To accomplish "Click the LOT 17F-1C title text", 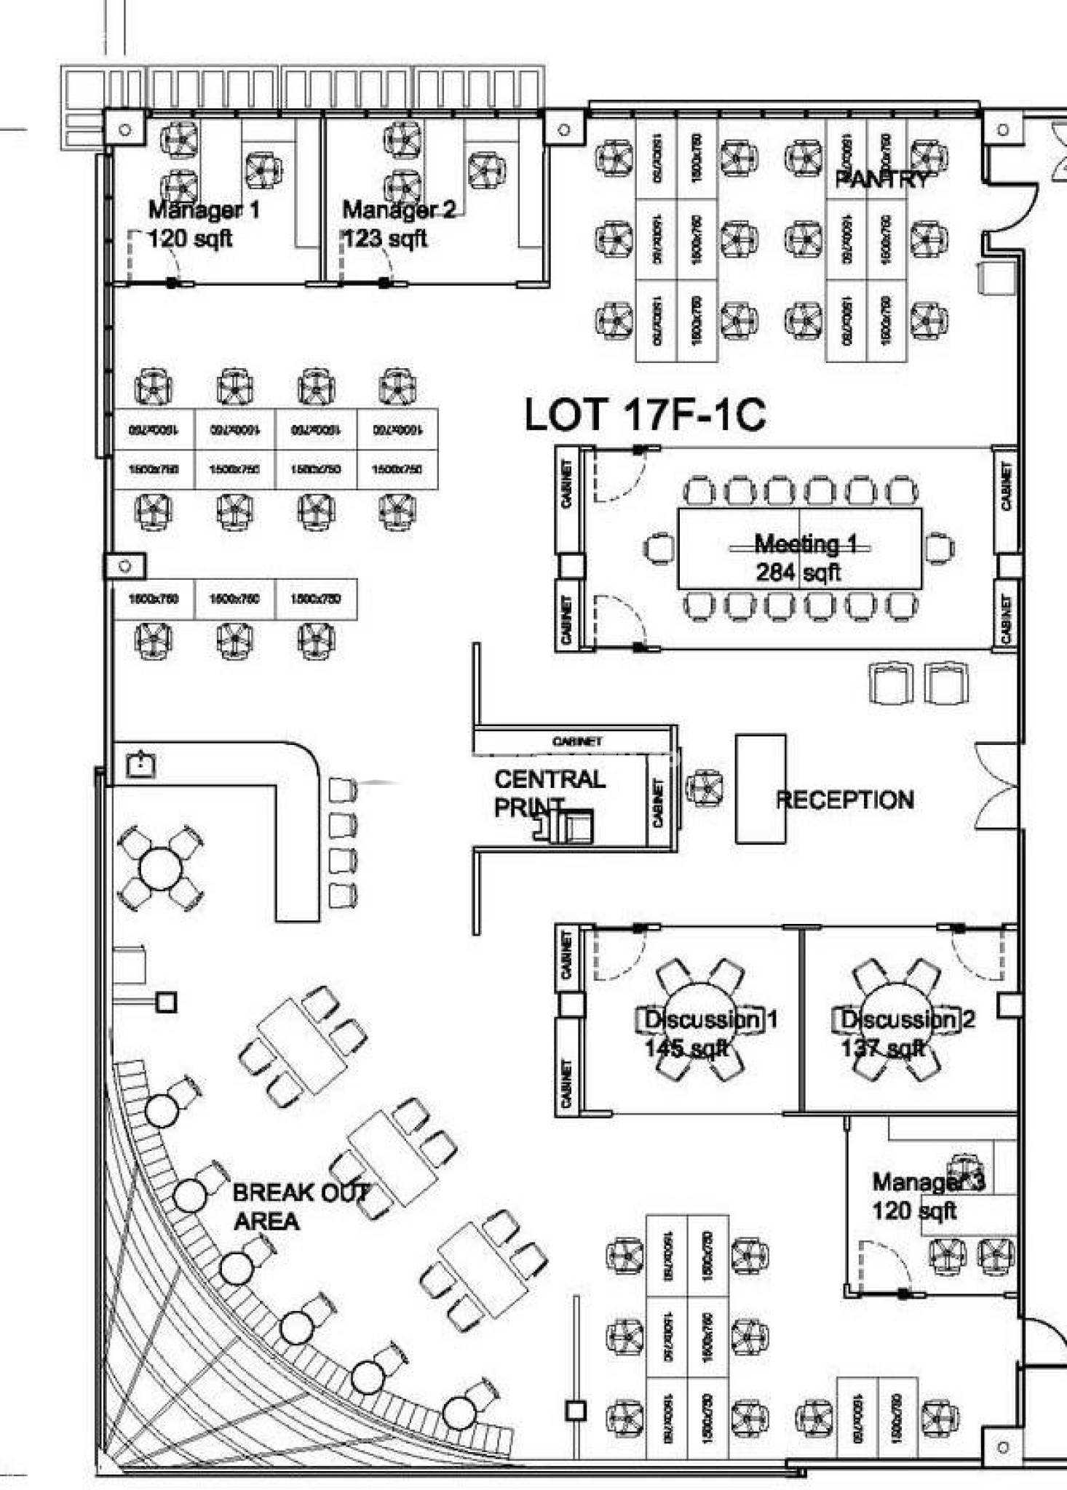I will coord(645,415).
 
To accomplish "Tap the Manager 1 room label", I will coord(204,210).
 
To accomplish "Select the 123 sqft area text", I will coord(385,239).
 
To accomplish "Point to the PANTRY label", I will coord(881,179).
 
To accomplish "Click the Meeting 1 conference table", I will coord(799,548).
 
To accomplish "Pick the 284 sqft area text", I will coord(798,573).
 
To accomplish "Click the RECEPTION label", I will coord(845,800).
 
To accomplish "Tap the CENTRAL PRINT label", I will coord(549,792).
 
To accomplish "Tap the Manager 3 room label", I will coord(928,1182).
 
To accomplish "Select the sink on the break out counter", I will coord(140,764).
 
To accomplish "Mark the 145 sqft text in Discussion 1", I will coord(686,1048).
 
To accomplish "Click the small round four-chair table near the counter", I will coord(160,869).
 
